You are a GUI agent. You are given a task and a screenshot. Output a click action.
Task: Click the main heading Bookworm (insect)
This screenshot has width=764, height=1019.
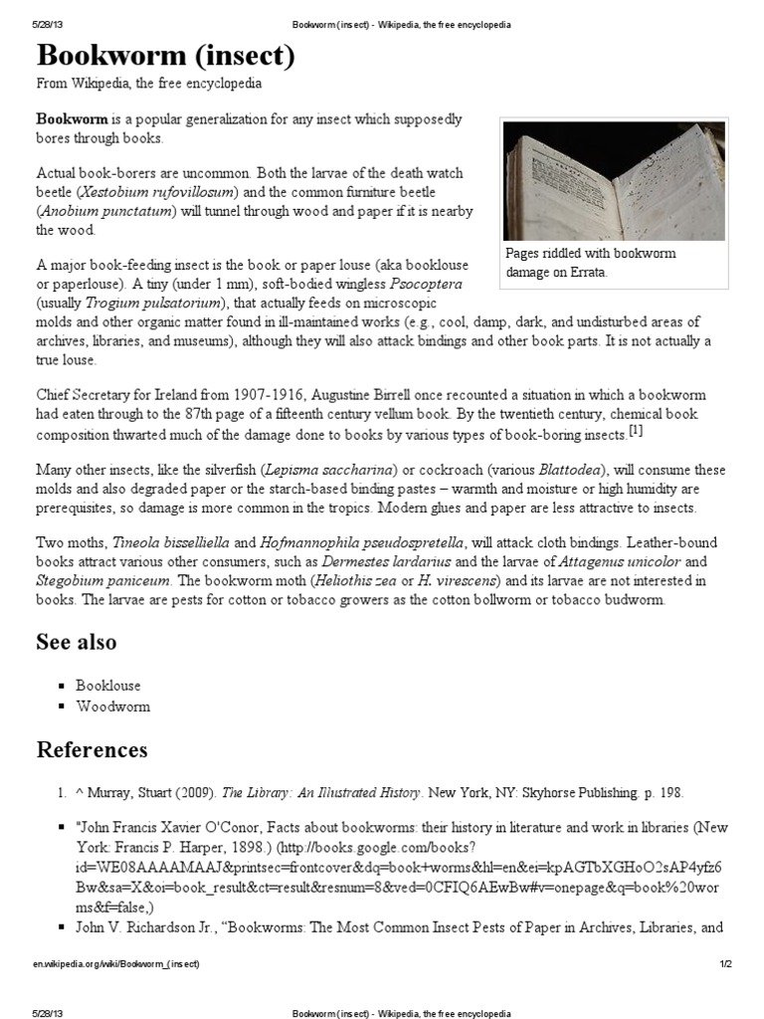(x=166, y=57)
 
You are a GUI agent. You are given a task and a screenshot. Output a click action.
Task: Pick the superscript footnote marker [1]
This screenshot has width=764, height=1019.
(x=636, y=431)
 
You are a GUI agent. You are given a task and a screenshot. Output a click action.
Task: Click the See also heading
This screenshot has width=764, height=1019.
(x=77, y=642)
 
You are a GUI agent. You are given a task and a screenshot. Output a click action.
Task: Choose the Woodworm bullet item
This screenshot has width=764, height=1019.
(x=112, y=707)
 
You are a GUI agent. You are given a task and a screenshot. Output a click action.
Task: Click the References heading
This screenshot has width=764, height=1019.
(x=92, y=749)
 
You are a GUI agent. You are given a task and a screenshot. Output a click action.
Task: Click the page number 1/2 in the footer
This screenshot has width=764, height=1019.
(x=725, y=964)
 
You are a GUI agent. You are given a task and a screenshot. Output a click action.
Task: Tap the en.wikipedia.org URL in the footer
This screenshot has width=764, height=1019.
(x=116, y=964)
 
